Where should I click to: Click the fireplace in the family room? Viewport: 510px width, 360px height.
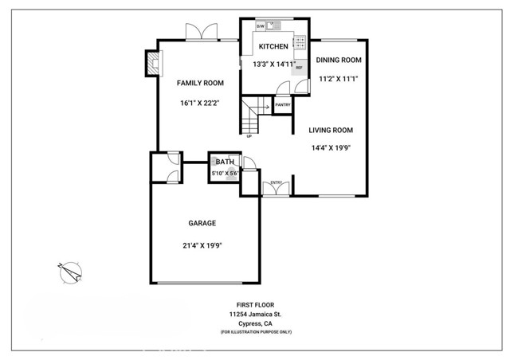pyautogui.click(x=151, y=64)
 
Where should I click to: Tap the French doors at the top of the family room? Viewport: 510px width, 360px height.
pyautogui.click(x=201, y=31)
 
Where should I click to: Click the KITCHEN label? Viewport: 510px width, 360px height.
pyautogui.click(x=273, y=46)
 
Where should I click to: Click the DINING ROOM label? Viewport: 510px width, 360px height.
pyautogui.click(x=339, y=60)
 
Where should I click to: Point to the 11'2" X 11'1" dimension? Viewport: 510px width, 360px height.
pyautogui.click(x=339, y=78)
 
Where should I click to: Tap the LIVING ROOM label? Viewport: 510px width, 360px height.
pyautogui.click(x=331, y=130)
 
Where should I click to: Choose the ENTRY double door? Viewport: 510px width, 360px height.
pyautogui.click(x=276, y=187)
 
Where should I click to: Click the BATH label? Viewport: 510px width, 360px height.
pyautogui.click(x=224, y=162)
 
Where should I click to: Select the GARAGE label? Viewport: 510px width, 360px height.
pyautogui.click(x=202, y=224)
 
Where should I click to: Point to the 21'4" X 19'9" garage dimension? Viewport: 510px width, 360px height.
pyautogui.click(x=202, y=245)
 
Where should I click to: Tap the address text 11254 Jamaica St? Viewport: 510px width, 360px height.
pyautogui.click(x=254, y=315)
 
